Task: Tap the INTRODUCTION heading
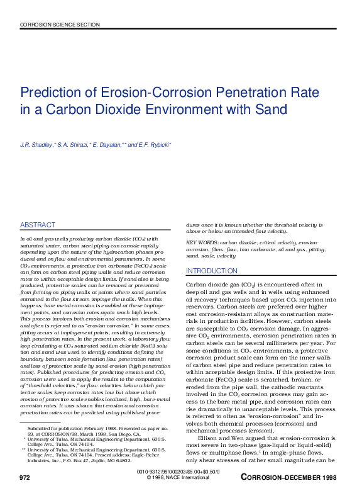click(212, 271)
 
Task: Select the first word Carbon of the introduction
click(196, 285)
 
